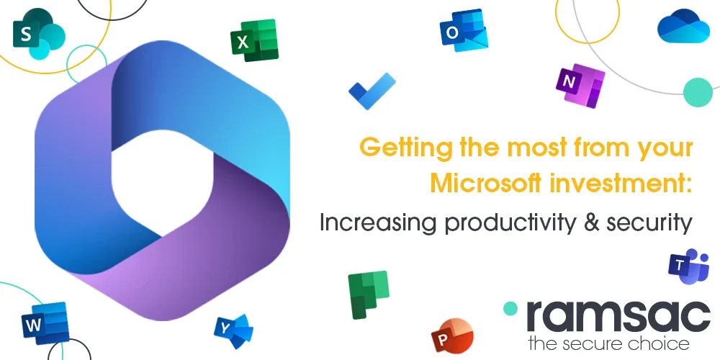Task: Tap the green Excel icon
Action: pos(253,40)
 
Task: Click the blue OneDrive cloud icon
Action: pos(678,27)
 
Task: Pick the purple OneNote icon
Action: pos(580,86)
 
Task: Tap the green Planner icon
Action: pos(368,294)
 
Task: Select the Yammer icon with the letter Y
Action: pos(233,330)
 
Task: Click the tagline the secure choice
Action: pos(608,343)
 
